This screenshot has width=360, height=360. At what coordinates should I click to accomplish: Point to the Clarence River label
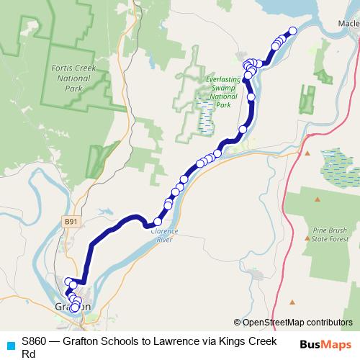coord(161,235)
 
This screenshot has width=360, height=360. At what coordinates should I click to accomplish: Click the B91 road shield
coord(70,222)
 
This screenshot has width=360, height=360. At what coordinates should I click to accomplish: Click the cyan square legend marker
coord(10,345)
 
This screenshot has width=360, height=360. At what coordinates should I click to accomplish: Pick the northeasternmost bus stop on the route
coord(292,31)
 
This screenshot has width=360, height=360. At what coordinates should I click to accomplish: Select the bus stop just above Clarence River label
coord(158,221)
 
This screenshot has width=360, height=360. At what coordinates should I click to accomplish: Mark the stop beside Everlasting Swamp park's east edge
coord(251,96)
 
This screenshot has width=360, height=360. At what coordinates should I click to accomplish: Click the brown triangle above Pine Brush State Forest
coord(307,153)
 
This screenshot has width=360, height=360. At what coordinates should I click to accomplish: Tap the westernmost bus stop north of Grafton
coord(68,282)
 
